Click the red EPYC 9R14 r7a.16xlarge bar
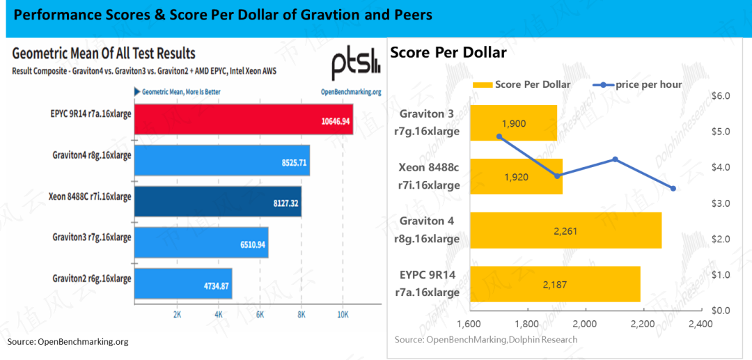click(244, 119)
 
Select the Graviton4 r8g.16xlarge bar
click(222, 160)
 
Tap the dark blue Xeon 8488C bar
click(218, 201)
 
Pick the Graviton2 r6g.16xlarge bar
click(184, 283)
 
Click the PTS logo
click(356, 65)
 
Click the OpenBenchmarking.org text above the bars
click(350, 92)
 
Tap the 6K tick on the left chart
click(260, 315)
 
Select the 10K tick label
click(343, 315)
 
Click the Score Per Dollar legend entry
click(522, 84)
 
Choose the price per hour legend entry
click(639, 84)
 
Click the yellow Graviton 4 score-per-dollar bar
click(566, 230)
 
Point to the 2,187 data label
click(556, 285)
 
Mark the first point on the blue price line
click(499, 136)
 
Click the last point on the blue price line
click(673, 189)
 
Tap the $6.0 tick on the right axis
click(721, 96)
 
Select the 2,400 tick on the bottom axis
click(700, 324)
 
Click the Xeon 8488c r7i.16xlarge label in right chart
click(429, 176)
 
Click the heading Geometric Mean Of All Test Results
click(104, 52)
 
